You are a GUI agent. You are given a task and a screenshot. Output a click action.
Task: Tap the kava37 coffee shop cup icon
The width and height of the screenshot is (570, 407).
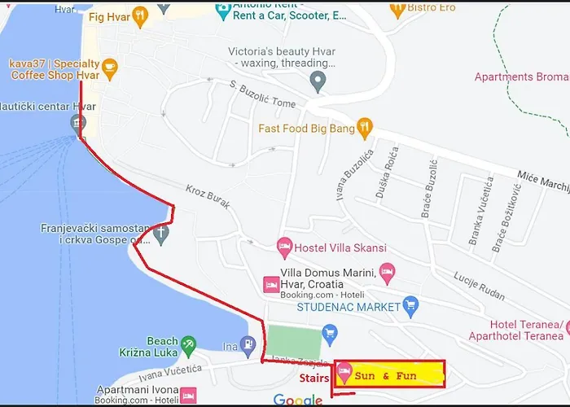pyautogui.click(x=110, y=66)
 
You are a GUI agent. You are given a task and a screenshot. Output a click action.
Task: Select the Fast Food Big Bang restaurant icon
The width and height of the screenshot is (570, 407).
pyautogui.click(x=366, y=127)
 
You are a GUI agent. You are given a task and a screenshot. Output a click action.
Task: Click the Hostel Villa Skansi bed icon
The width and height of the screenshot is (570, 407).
pyautogui.click(x=284, y=244)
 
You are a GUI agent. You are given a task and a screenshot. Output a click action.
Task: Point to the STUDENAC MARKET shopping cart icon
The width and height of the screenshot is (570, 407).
pyautogui.click(x=411, y=306)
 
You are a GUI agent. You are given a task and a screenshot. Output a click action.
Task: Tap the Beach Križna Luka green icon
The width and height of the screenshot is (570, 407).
pyautogui.click(x=188, y=344)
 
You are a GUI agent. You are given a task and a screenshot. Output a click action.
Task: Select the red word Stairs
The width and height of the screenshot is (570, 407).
pyautogui.click(x=314, y=378)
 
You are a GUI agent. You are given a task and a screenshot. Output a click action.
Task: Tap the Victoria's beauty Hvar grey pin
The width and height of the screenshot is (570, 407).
pyautogui.click(x=318, y=80)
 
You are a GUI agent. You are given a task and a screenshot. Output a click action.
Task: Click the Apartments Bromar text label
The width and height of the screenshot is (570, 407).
pyautogui.click(x=522, y=77)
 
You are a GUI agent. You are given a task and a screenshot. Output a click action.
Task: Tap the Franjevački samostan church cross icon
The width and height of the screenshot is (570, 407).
pyautogui.click(x=162, y=234)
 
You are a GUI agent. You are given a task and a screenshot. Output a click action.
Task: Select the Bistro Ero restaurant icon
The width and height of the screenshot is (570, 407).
pyautogui.click(x=398, y=9)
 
